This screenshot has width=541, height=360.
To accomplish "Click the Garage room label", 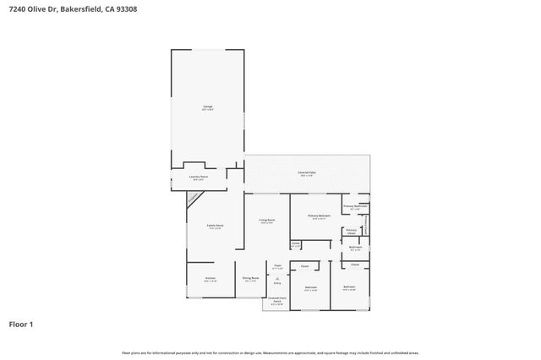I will point(207,107).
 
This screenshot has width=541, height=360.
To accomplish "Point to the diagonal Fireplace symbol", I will point(194,198).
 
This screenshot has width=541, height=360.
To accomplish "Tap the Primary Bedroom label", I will point(319,217).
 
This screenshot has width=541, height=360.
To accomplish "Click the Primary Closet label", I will point(351,231).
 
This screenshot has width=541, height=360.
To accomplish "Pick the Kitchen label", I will point(210,279).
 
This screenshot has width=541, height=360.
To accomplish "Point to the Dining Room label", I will point(250,279).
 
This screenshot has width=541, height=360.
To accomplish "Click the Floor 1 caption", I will point(21,324).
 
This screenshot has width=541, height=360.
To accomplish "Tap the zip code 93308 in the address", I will point(127,9).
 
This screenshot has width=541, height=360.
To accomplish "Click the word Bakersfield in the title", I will point(80,9).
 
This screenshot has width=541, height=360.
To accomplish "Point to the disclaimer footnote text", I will point(270,352).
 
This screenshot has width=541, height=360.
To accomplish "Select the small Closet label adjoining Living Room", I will point(296,245).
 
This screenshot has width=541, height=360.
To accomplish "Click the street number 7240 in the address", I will point(17,9).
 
